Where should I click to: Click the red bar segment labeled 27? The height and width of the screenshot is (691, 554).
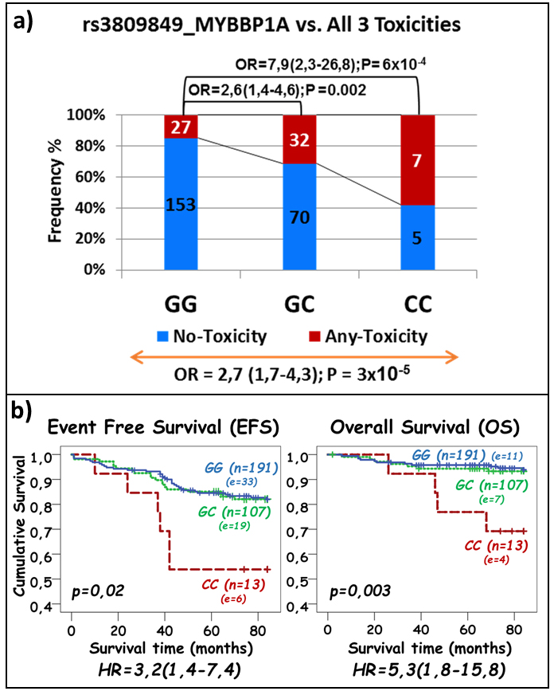point(181,127)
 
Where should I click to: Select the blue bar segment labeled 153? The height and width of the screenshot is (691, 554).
point(181,204)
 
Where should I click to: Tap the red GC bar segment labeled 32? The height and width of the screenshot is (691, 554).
point(299,139)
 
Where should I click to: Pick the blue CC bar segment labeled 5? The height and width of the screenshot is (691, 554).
point(418,238)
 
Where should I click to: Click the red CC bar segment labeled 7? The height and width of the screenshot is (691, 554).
point(418,160)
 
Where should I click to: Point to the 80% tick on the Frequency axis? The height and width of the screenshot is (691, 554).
point(90,146)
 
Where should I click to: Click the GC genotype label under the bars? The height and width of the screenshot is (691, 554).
point(299,304)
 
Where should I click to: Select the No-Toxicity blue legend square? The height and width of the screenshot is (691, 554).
point(163,336)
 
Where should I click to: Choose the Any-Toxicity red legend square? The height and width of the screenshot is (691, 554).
point(314,336)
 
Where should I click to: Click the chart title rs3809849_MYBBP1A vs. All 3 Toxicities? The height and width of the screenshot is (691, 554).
point(271,25)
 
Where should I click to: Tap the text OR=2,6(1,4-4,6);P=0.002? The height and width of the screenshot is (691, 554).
point(277,90)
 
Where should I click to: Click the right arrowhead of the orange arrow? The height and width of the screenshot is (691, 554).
point(453,357)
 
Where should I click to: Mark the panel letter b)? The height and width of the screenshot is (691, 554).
point(22,411)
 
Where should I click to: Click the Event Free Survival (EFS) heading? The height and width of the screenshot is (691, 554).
point(163,427)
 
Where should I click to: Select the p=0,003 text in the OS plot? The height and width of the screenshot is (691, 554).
point(360,591)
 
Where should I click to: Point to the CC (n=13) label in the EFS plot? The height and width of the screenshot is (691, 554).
point(234,585)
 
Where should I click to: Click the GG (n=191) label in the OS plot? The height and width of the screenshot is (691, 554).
point(448,455)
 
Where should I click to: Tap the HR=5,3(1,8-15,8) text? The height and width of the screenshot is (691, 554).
point(429,669)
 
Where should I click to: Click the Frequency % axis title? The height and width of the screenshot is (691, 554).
point(55,192)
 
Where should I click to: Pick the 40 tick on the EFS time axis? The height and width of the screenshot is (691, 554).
point(165,630)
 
